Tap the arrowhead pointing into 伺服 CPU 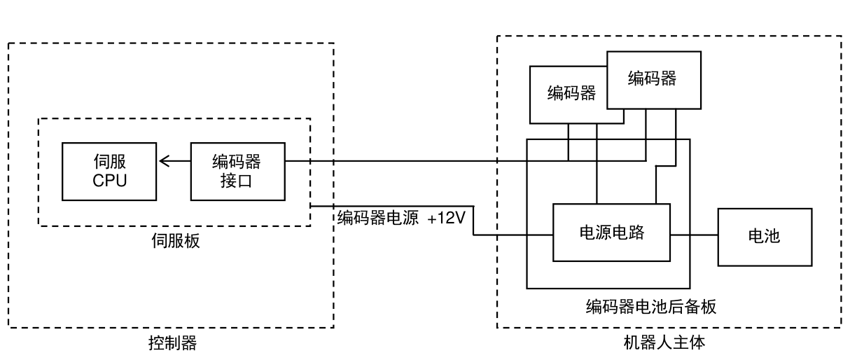[164, 161]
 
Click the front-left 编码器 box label [571, 93]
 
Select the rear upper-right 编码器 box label [652, 78]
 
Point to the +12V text [446, 218]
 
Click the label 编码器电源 [378, 218]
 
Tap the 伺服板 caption [176, 241]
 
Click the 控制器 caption [173, 343]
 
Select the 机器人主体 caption [664, 342]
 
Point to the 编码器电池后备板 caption [651, 307]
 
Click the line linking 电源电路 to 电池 [694, 235]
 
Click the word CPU [110, 181]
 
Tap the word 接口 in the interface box [237, 181]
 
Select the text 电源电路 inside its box [612, 233]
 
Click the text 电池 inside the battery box [765, 236]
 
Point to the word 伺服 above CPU [110, 161]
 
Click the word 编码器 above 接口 [237, 161]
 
